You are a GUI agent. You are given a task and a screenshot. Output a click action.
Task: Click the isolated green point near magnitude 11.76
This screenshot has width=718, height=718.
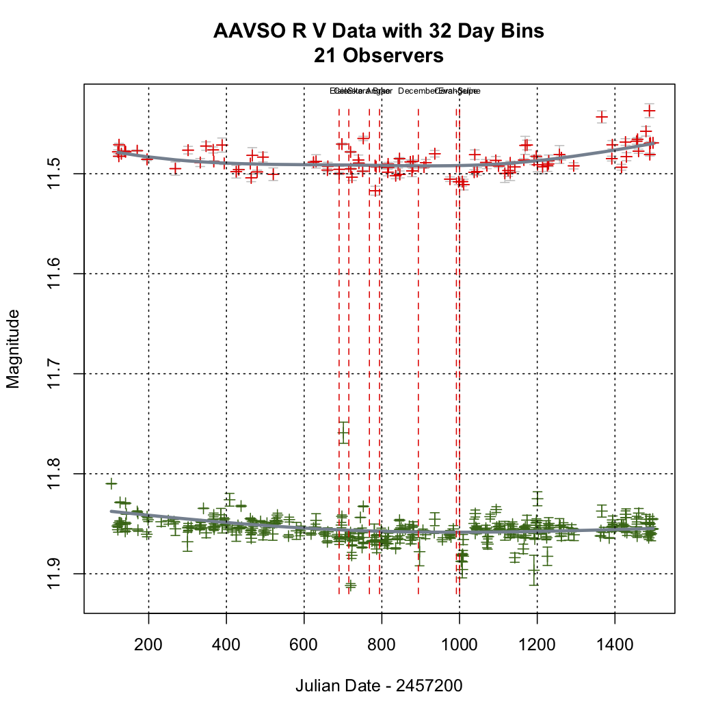click(x=343, y=432)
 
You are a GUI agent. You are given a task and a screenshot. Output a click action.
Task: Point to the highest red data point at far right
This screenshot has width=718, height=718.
click(x=650, y=111)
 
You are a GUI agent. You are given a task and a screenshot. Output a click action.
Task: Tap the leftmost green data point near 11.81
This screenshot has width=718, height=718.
click(x=111, y=483)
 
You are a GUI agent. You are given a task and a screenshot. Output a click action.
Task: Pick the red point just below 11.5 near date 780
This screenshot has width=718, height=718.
click(x=375, y=191)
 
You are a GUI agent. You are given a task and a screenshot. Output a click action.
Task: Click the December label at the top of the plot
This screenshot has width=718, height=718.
click(x=415, y=91)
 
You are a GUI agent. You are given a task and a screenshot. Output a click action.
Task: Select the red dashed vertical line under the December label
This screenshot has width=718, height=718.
click(x=418, y=342)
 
